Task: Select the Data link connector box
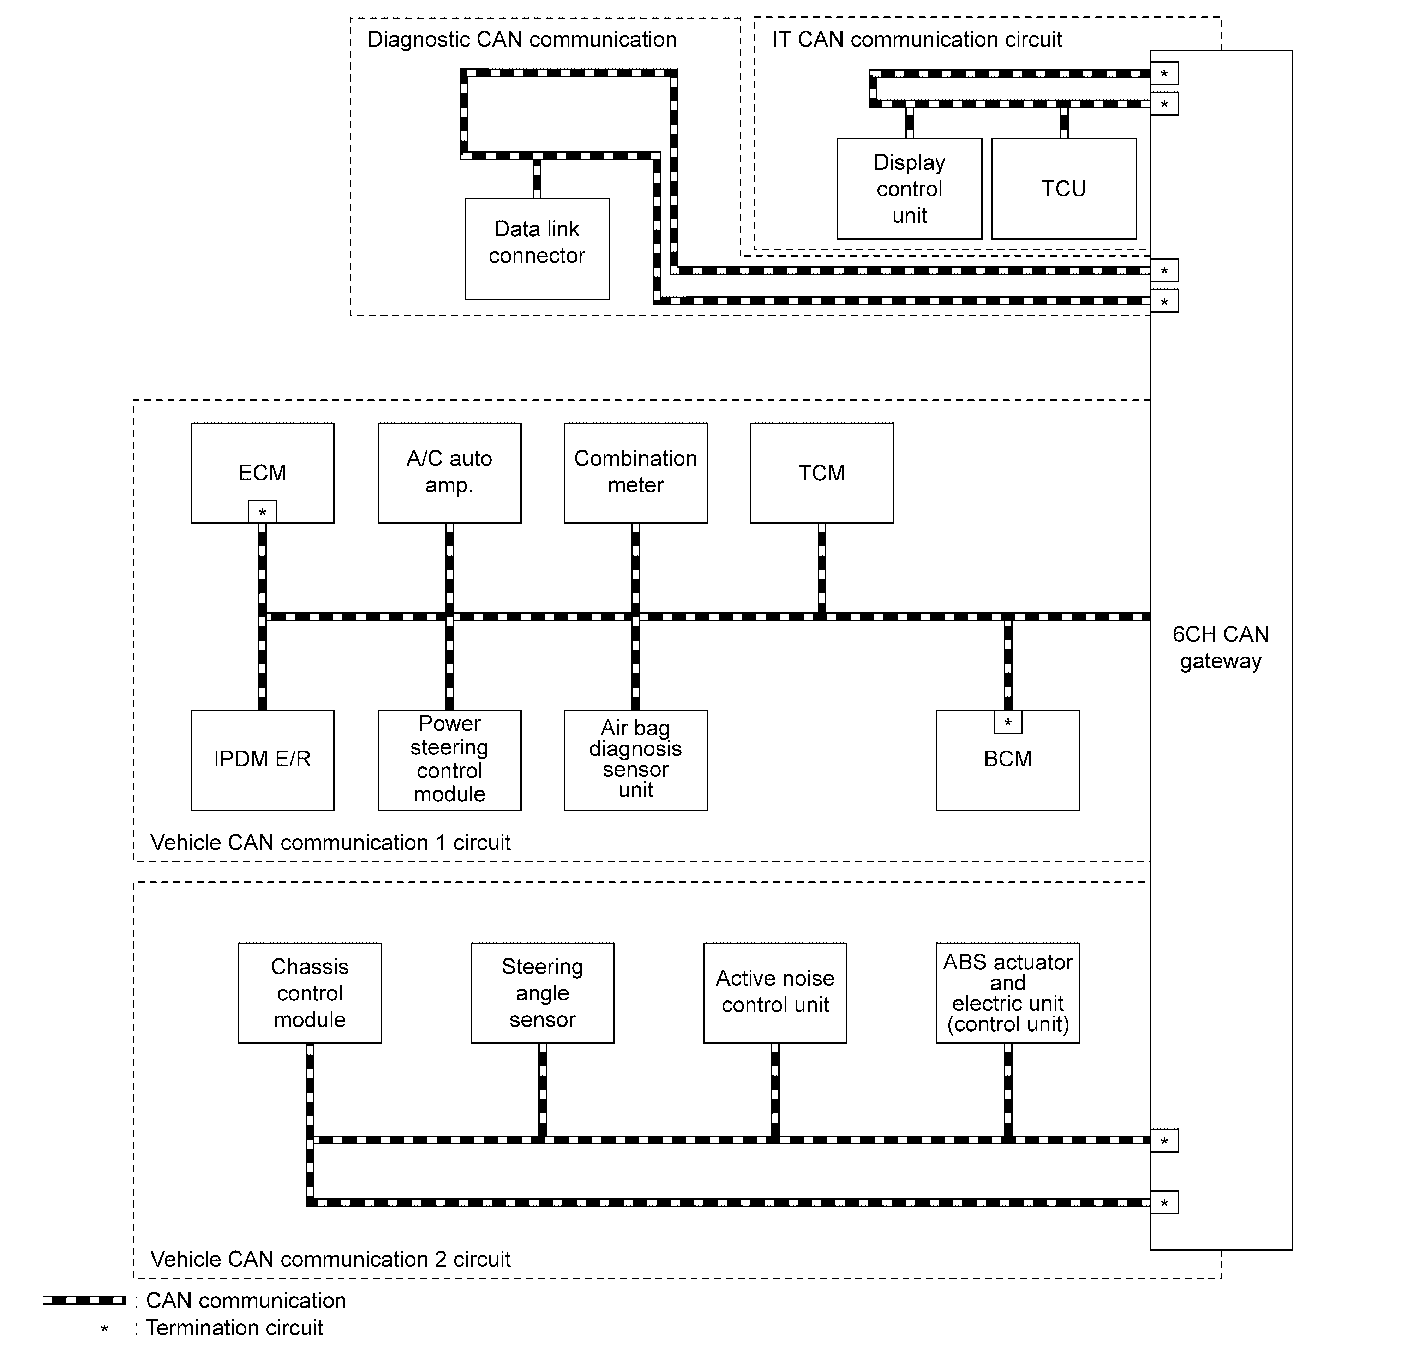point(537,249)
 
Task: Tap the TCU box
point(1064,189)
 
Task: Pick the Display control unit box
point(910,189)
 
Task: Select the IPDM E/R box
point(262,760)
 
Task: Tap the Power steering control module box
point(449,760)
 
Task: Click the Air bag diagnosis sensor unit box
point(635,760)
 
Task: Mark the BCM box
point(1008,760)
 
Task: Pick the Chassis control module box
point(310,993)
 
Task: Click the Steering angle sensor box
point(542,993)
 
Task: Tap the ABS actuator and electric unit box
point(1008,993)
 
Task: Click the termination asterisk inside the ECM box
point(262,512)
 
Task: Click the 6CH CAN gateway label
point(1221,647)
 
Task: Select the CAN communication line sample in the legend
point(84,1300)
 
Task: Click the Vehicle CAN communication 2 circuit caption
point(331,1259)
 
